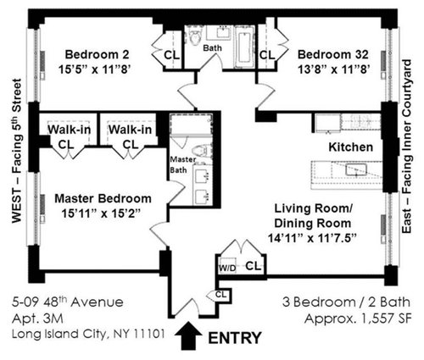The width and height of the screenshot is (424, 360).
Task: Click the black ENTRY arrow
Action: (x=188, y=336)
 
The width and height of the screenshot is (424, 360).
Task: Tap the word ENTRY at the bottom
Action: (x=235, y=338)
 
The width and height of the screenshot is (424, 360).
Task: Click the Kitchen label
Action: (x=350, y=147)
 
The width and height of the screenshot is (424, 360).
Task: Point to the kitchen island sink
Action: (x=356, y=170)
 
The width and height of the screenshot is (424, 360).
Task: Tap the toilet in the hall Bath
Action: (x=195, y=36)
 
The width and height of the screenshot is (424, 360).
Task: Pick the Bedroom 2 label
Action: (x=97, y=54)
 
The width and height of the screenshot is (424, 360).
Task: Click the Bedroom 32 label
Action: (x=333, y=54)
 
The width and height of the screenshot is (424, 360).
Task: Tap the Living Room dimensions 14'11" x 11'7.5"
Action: (x=311, y=238)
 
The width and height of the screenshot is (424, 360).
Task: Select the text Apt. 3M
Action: (x=37, y=319)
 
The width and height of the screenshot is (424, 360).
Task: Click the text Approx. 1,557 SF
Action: (x=358, y=319)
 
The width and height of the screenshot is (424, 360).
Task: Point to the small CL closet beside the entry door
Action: (x=220, y=296)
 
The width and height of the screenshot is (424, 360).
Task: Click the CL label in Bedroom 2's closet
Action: (x=171, y=55)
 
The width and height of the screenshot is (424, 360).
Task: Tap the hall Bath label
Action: (x=213, y=48)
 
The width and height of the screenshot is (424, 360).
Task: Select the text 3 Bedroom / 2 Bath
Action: (x=347, y=302)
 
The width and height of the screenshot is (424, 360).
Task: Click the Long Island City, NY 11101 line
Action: (x=88, y=335)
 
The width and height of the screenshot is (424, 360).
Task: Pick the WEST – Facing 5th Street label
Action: (x=17, y=151)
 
